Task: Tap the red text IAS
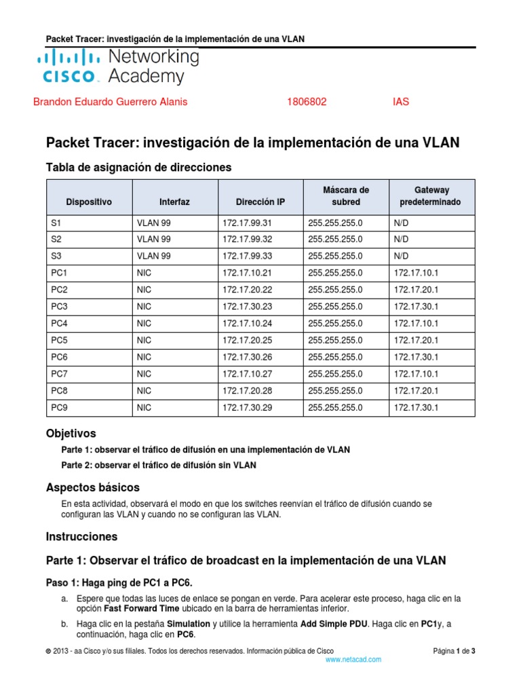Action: [x=401, y=102]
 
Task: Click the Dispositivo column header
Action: [x=89, y=202]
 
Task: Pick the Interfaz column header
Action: [x=174, y=202]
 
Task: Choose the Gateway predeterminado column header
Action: [x=432, y=196]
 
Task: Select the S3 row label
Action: [x=56, y=256]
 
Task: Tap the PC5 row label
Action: [x=60, y=340]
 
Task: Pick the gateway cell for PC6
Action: [x=417, y=357]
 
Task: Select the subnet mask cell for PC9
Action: [x=335, y=407]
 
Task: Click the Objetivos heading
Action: [x=71, y=433]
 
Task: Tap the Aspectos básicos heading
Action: [x=92, y=487]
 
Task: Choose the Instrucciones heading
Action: [x=81, y=536]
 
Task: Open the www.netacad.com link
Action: [x=353, y=659]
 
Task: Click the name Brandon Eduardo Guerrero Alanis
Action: [x=111, y=102]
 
